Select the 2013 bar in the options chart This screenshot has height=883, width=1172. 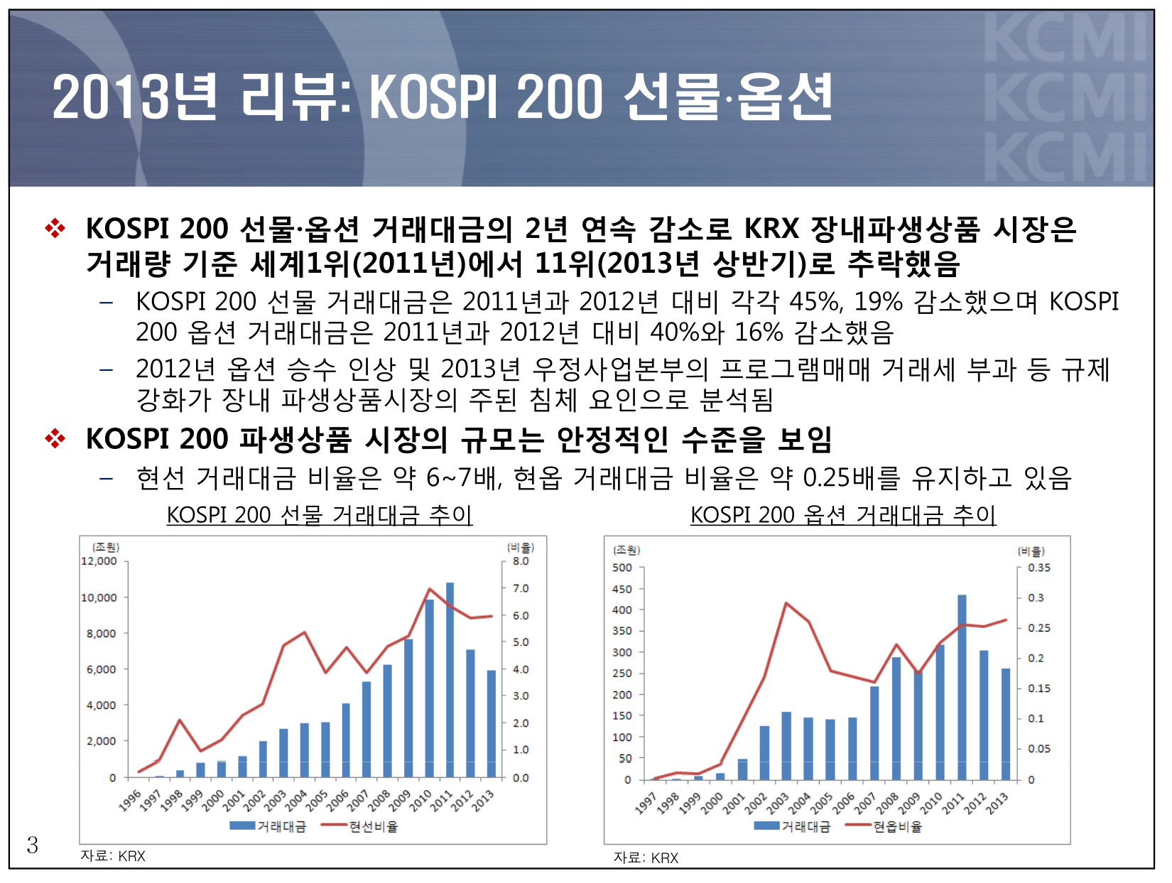[x=1006, y=724]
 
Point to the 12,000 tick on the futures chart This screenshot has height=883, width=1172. [x=99, y=561]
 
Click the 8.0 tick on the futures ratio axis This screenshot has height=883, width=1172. [x=521, y=561]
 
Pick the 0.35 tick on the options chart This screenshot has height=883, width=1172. [x=1038, y=568]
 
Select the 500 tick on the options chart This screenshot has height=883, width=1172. [x=622, y=568]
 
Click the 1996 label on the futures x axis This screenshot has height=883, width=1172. [x=130, y=801]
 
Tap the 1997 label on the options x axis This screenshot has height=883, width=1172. [x=646, y=803]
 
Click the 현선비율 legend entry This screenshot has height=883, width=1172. [x=373, y=826]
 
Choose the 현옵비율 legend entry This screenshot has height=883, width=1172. [x=897, y=826]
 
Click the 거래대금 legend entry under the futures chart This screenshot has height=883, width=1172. [x=281, y=826]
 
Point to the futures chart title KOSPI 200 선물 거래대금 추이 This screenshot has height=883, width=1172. [x=320, y=514]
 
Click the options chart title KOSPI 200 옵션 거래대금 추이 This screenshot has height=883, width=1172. [x=843, y=514]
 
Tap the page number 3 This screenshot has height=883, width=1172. [x=33, y=845]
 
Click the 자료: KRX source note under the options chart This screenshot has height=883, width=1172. [x=646, y=857]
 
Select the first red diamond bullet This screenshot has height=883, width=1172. [x=55, y=229]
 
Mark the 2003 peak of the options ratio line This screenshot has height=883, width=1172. [x=786, y=603]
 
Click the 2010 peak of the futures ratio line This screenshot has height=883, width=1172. [x=429, y=589]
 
